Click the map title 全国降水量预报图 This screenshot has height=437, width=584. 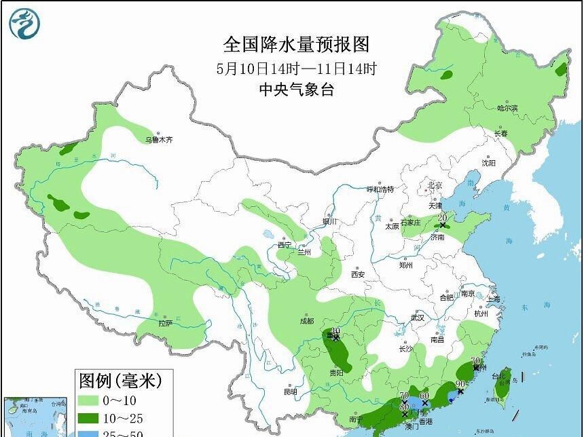click(x=297, y=45)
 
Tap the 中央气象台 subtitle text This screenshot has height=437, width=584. click(x=297, y=89)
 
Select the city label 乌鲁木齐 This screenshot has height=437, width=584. click(x=159, y=140)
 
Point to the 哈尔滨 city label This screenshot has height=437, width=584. click(x=507, y=108)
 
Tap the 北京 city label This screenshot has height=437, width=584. click(x=435, y=185)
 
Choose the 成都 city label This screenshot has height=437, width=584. click(x=306, y=321)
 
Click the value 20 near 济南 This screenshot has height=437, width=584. click(x=443, y=218)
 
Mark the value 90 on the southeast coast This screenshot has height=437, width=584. click(x=460, y=384)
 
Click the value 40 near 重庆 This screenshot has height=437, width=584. click(x=335, y=332)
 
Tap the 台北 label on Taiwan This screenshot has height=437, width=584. click(x=498, y=376)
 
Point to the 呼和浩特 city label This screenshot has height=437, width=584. click(x=380, y=190)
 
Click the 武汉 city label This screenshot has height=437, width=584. click(x=417, y=318)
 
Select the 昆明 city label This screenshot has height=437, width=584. click(x=291, y=392)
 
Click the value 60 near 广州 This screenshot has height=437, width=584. click(x=424, y=396)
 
